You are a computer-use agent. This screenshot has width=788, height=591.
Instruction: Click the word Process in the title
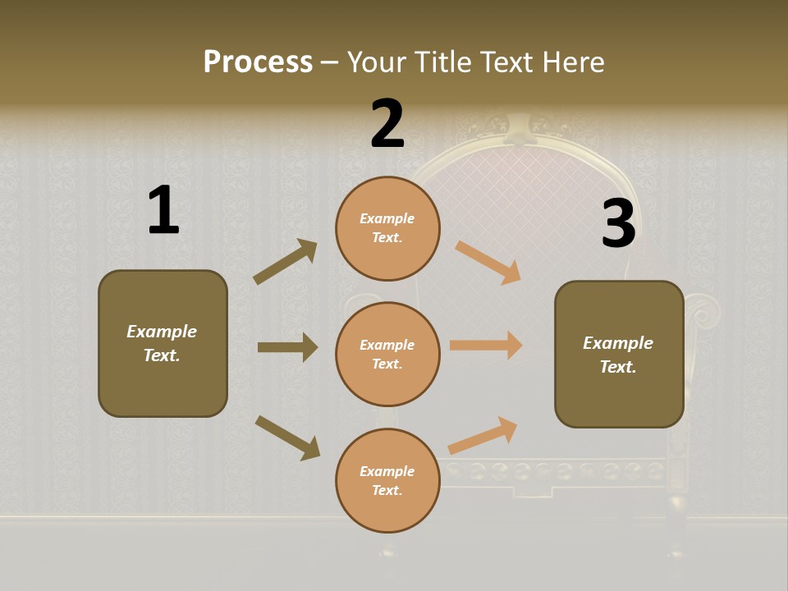coord(258,62)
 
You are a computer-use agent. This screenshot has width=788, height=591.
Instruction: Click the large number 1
coord(163,211)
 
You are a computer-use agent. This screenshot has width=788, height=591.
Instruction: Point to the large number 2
coord(387,124)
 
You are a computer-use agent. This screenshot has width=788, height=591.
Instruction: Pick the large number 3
coord(618,223)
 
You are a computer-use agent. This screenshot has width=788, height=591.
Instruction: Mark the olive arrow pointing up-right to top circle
coord(286,262)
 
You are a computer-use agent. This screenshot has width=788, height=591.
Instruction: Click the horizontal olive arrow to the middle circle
coord(287,347)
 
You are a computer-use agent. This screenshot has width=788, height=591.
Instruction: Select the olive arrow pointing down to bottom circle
coord(287,437)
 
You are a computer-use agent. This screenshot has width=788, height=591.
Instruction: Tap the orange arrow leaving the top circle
coord(488,262)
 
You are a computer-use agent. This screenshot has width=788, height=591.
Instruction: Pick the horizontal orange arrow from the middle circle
coord(486,346)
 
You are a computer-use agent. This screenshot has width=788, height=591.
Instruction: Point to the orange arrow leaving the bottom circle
coord(483,435)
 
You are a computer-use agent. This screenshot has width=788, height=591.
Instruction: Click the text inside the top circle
coord(387,228)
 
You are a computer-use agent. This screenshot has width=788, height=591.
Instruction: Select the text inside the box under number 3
coord(618,355)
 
